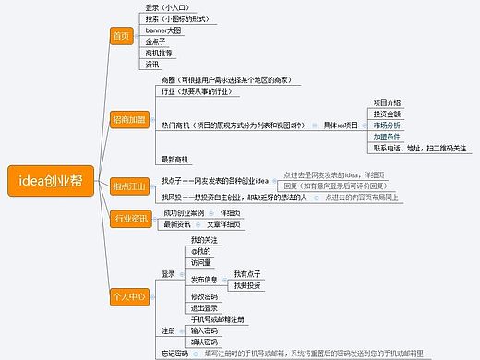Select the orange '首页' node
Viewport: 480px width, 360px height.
(x=121, y=36)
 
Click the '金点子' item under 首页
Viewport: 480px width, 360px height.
(x=155, y=42)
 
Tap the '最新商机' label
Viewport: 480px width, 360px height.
(x=174, y=159)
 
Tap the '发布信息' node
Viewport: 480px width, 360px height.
(x=205, y=279)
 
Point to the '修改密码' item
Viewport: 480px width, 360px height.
(x=205, y=296)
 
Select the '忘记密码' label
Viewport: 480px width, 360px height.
(x=174, y=353)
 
